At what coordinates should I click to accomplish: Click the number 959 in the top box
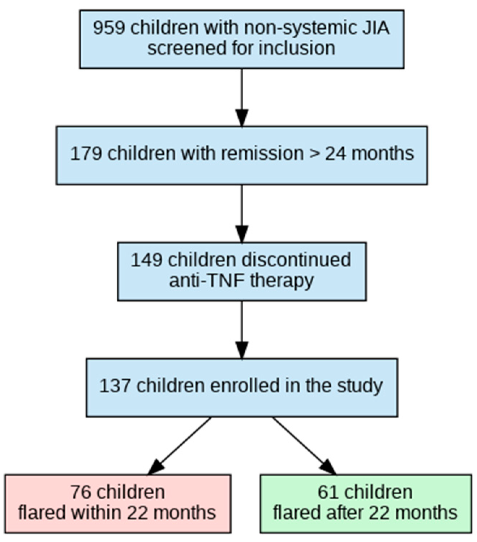point(109,28)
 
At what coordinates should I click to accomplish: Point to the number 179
point(86,153)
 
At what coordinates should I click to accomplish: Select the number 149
point(146,260)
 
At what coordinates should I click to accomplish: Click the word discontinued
point(293,260)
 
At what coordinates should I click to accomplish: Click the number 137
point(115,385)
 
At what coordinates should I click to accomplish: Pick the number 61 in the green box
point(328,492)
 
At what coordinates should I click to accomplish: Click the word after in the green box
point(338,512)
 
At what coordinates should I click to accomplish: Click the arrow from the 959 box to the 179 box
point(242,98)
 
